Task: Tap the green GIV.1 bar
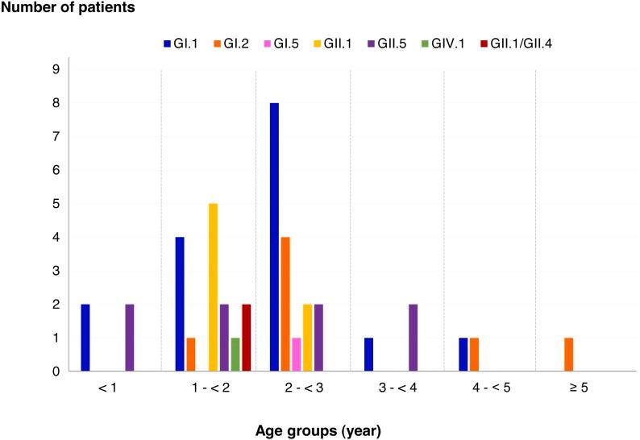point(235,355)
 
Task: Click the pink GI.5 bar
point(297,355)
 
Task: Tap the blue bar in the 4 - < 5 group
point(463,355)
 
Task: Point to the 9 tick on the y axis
point(56,69)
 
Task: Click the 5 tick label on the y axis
point(56,204)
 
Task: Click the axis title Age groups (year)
point(320,430)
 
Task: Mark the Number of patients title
point(67,8)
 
